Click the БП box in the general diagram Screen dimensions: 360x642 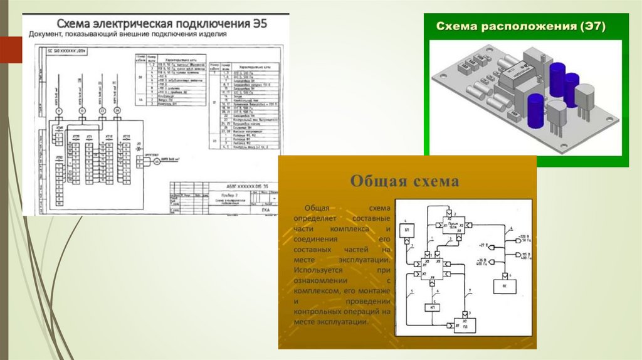point(407,230)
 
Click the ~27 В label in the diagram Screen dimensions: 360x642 point(483,244)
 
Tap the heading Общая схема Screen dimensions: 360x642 point(404,181)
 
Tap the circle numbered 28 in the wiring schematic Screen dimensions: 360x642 point(117,111)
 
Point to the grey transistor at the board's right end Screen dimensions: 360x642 point(586,100)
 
